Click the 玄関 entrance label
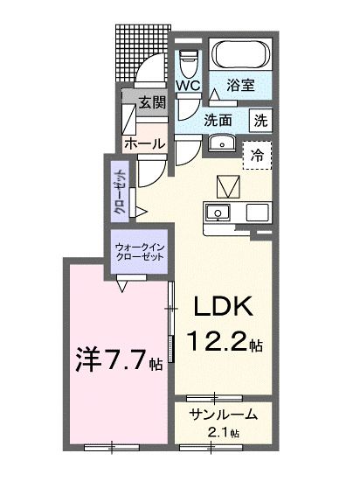[x=152, y=102]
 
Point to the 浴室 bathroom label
[x=240, y=86]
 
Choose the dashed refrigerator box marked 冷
[x=257, y=155]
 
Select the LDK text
[x=222, y=307]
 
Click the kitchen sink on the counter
[x=218, y=213]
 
